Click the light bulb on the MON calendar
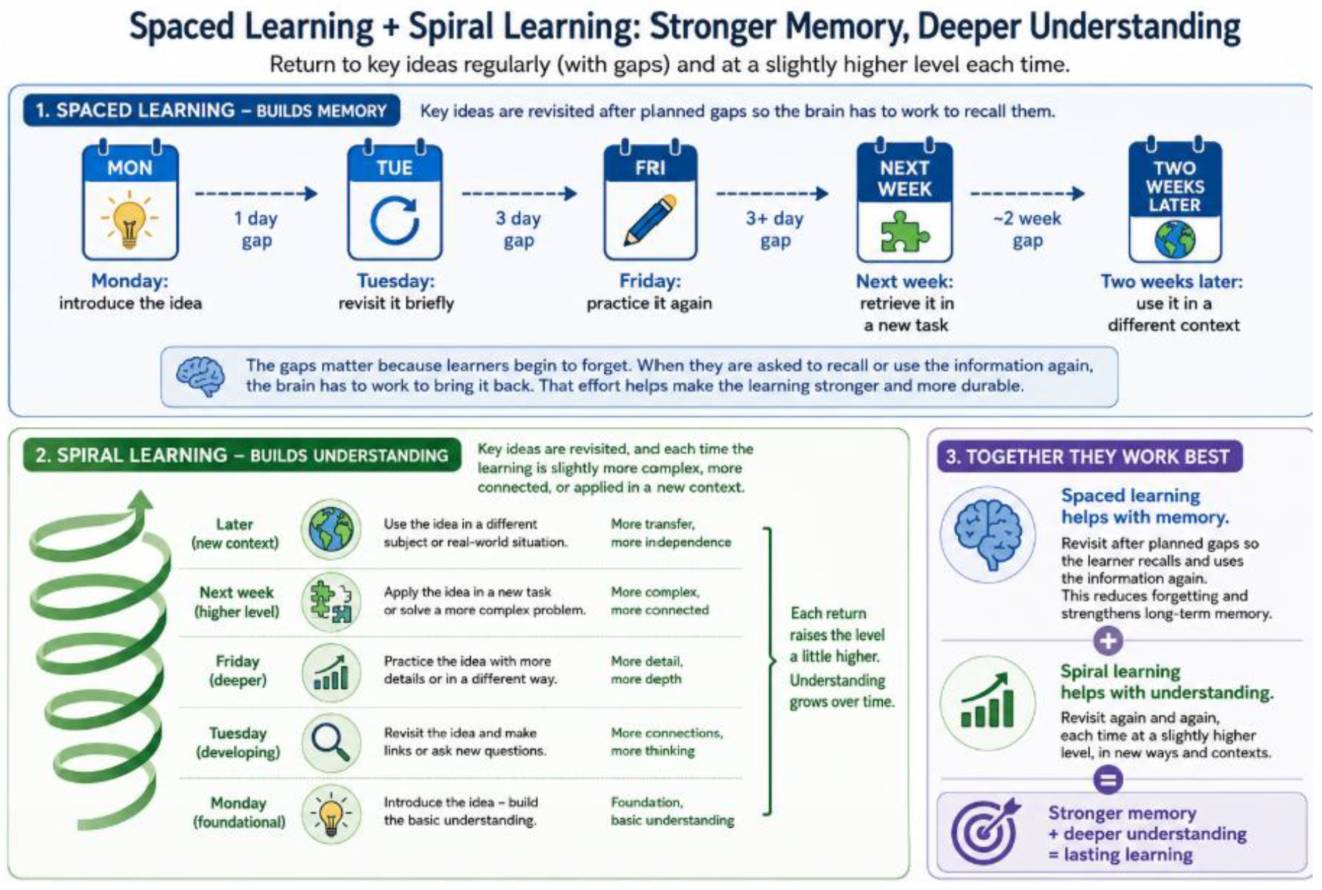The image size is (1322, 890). (x=129, y=220)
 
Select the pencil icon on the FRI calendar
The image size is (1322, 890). (x=650, y=220)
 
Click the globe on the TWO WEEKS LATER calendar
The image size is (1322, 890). (x=1174, y=239)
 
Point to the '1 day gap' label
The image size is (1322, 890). (x=256, y=229)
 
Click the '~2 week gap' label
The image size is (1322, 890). (x=1027, y=229)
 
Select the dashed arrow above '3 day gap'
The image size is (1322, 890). (x=519, y=193)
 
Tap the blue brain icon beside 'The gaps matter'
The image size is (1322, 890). (x=201, y=376)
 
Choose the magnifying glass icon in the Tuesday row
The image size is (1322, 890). (x=331, y=742)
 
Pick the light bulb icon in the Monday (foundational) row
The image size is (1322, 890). (x=330, y=814)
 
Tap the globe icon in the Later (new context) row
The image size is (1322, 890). (x=331, y=530)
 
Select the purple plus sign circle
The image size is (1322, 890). (x=1108, y=640)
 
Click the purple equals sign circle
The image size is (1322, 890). (x=1108, y=779)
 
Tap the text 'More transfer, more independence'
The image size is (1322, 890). (x=671, y=533)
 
